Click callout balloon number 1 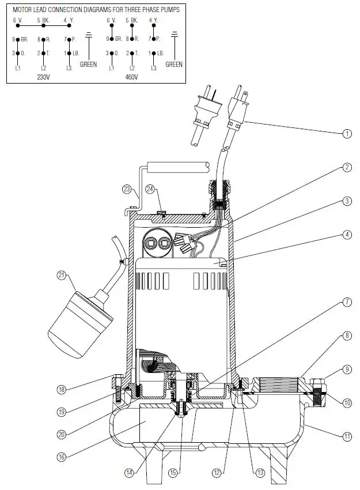[347, 134]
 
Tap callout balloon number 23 [127, 189]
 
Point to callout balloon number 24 [150, 189]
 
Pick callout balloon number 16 [62, 457]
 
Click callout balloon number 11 [347, 437]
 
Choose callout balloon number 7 [347, 302]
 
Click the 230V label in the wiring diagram [43, 76]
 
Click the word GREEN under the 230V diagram [88, 65]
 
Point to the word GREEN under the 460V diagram [173, 65]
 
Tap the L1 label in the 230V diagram [17, 68]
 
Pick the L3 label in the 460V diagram [153, 68]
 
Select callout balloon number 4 [347, 235]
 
